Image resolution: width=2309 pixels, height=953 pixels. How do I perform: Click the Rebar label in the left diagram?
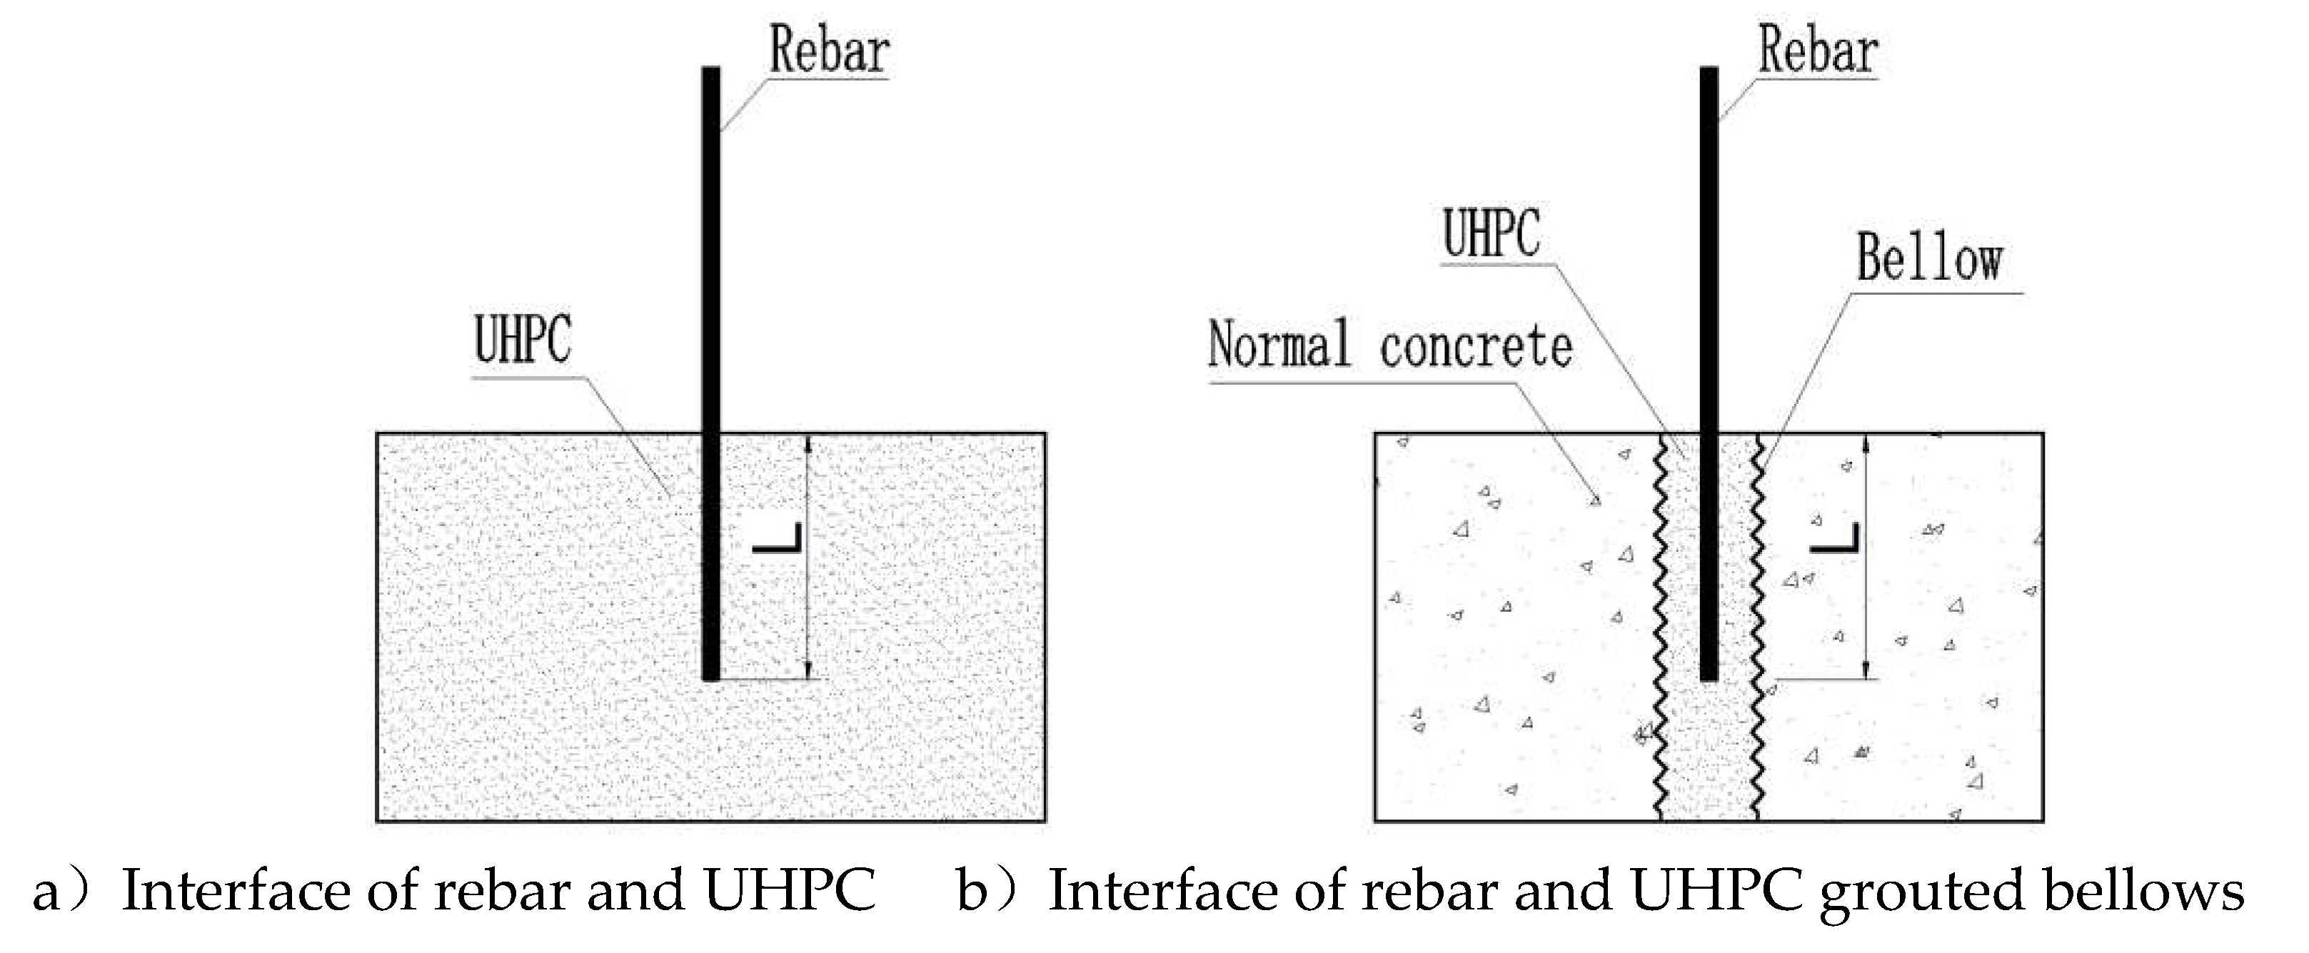[828, 51]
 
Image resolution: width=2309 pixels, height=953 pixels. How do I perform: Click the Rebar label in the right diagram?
[1817, 51]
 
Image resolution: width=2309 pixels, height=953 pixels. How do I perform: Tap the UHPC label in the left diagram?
[523, 341]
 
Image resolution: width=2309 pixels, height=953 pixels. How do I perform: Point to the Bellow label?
[1928, 259]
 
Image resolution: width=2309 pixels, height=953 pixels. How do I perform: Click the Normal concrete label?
[1389, 346]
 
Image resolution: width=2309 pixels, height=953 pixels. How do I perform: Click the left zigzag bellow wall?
[1659, 627]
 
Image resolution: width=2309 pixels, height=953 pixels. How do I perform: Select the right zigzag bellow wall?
[1758, 627]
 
